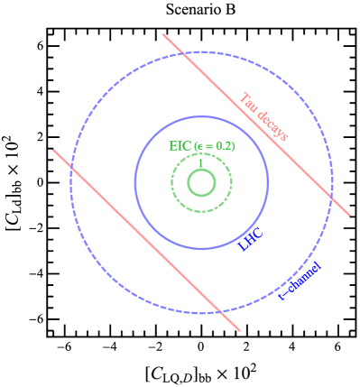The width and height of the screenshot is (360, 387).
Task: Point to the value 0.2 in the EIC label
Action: click(x=226, y=146)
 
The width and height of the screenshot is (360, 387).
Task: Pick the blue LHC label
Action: click(x=250, y=239)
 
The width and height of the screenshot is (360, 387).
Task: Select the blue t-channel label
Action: click(x=300, y=281)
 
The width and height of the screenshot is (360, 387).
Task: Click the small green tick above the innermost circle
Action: click(x=200, y=163)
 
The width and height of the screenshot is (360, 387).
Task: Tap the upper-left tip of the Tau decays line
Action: click(x=163, y=34)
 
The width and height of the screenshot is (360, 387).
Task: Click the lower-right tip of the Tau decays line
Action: click(x=350, y=216)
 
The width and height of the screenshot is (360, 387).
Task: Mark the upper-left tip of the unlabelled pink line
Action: click(x=53, y=150)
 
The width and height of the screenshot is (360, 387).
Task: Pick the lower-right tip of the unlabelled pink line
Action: click(x=240, y=331)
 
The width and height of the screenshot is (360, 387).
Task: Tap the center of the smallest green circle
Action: click(x=201, y=183)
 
